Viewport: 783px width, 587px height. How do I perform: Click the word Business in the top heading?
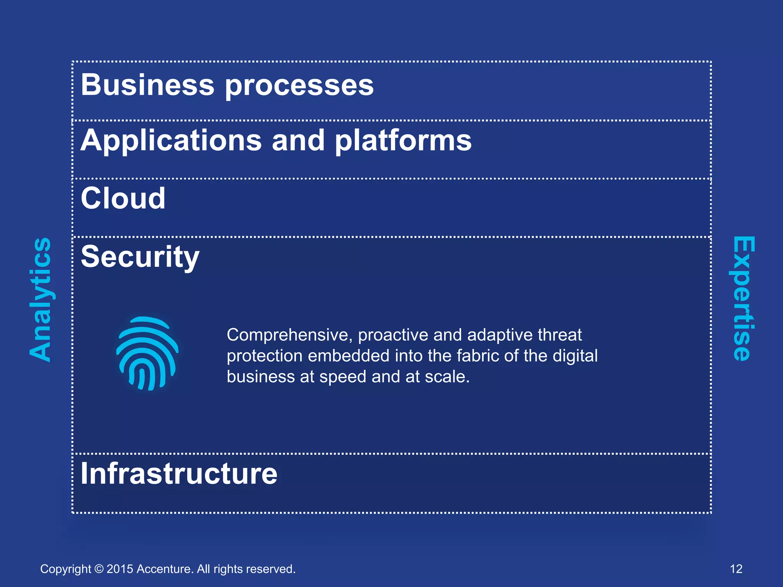[x=148, y=85]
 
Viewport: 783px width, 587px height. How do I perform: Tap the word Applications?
[x=171, y=141]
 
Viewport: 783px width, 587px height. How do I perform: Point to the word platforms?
[x=403, y=141]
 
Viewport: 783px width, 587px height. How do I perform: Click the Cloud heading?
[x=123, y=198]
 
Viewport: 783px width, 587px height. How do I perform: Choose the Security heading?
[x=140, y=257]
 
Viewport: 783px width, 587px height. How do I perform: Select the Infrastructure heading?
[x=179, y=473]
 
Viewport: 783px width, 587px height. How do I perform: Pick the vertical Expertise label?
[x=743, y=298]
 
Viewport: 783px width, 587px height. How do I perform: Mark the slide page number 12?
[x=736, y=569]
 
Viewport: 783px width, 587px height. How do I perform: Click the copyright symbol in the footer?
[x=99, y=569]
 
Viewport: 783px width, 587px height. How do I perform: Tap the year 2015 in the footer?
[x=120, y=569]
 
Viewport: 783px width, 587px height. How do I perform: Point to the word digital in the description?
[x=575, y=356]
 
